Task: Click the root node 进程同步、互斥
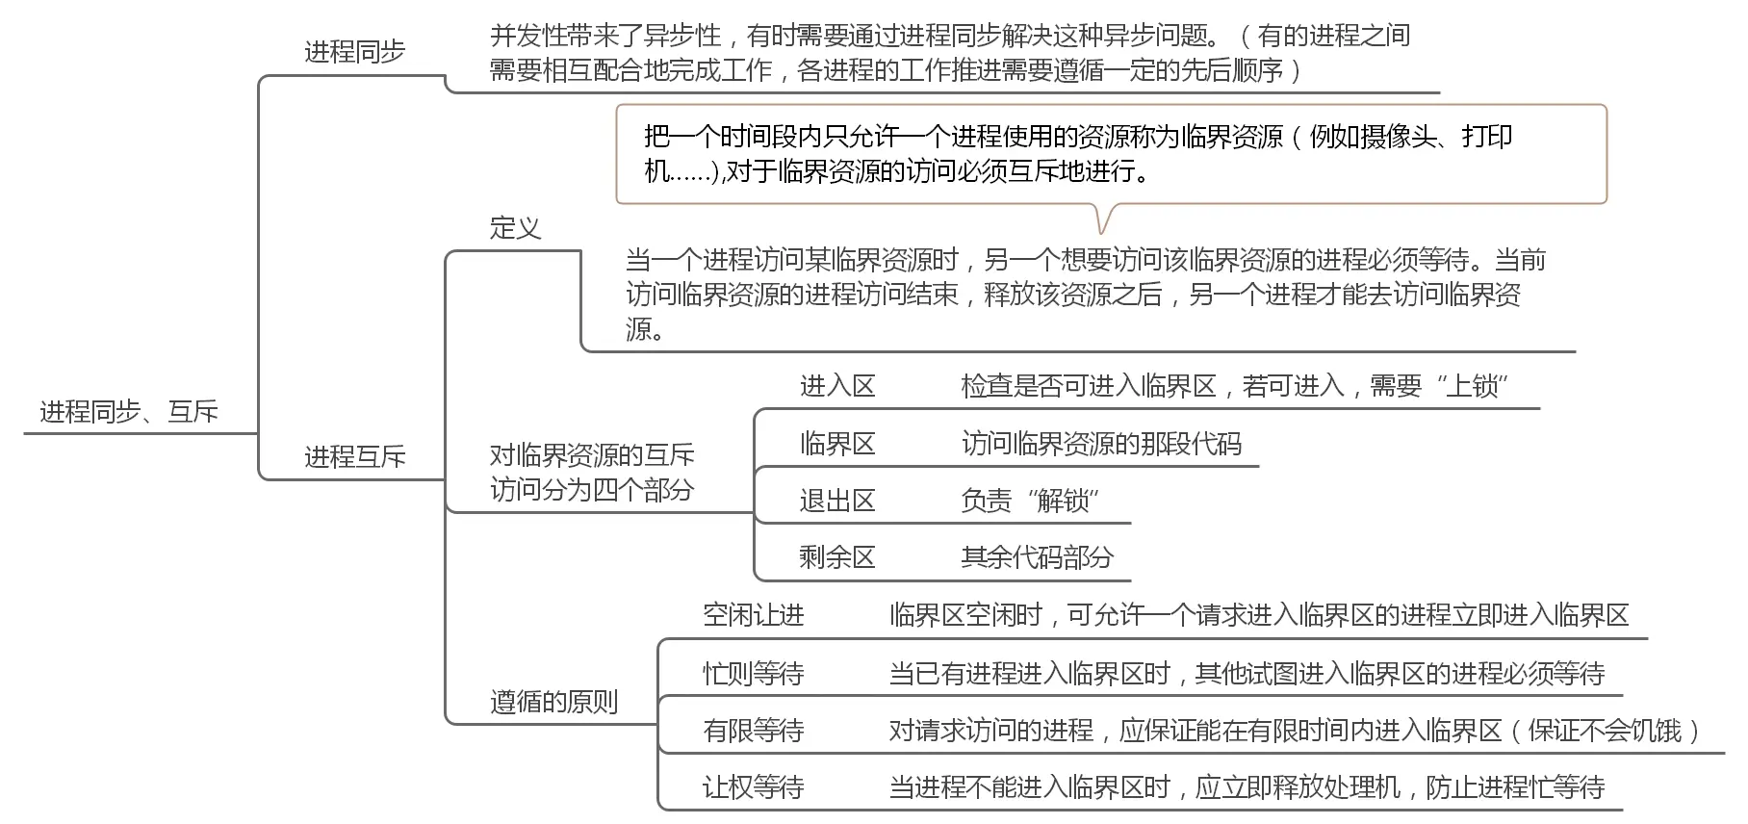tap(129, 412)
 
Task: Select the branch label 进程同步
tap(354, 52)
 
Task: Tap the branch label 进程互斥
tap(354, 456)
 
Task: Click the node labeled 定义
tap(515, 228)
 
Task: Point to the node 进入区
tap(836, 386)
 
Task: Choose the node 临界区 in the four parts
tap(836, 444)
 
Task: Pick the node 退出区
tap(836, 501)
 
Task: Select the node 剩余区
tap(836, 557)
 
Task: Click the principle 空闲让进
tap(753, 615)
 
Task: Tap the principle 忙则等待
tap(753, 673)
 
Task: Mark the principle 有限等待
tap(753, 731)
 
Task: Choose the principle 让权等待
tap(753, 787)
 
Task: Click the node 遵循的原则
tap(553, 702)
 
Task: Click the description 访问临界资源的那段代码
tap(1101, 444)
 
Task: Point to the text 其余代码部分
tap(1037, 557)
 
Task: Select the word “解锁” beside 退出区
tap(1063, 501)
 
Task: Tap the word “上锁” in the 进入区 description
tap(1472, 386)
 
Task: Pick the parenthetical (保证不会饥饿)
tap(1605, 731)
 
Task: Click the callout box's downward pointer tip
tap(1103, 232)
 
